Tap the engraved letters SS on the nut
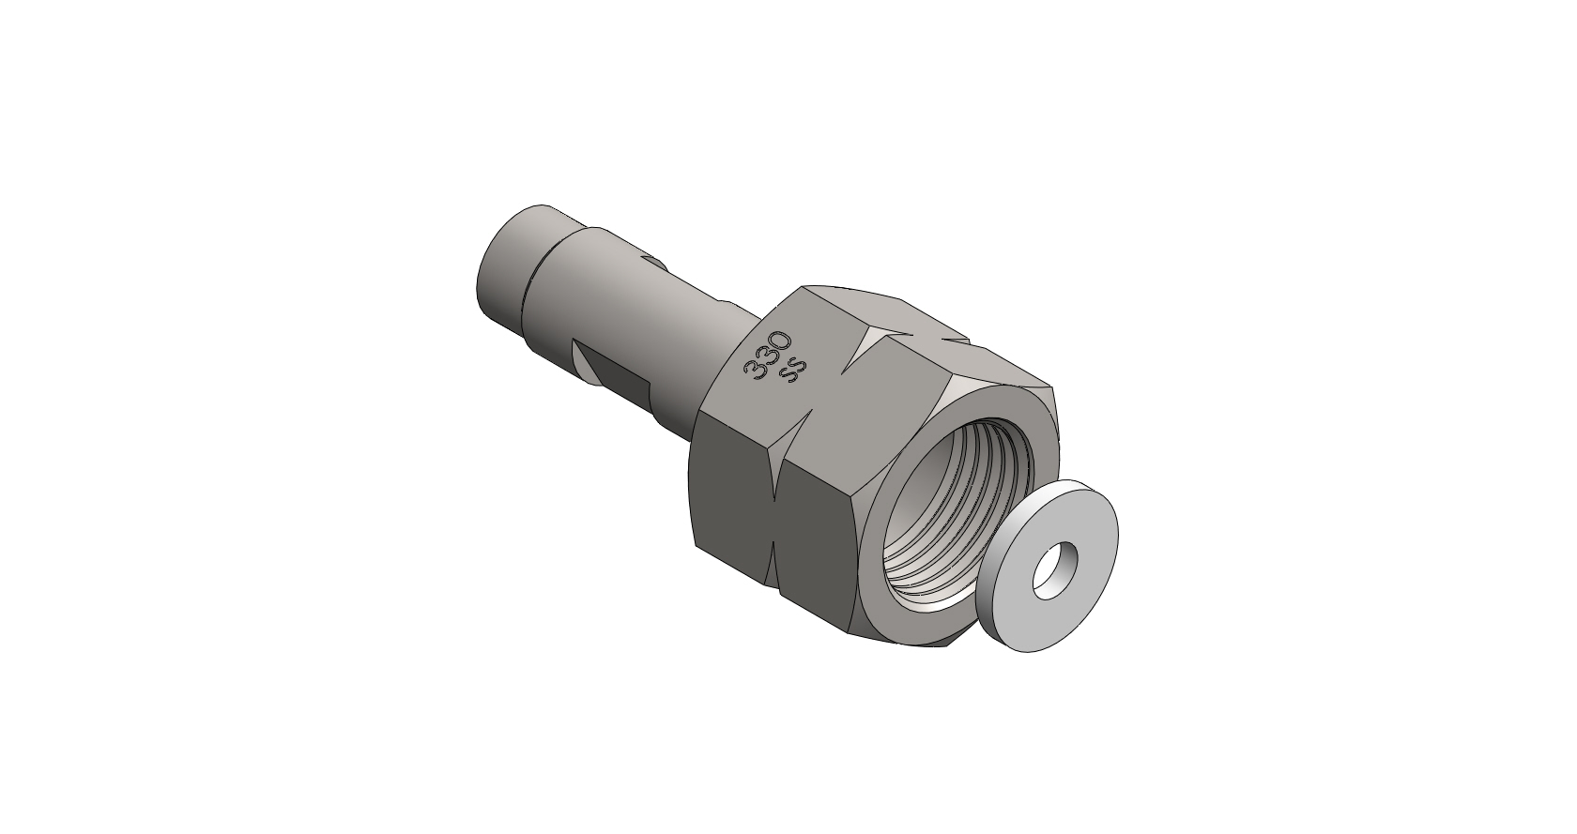794,370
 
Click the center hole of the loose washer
1055,570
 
